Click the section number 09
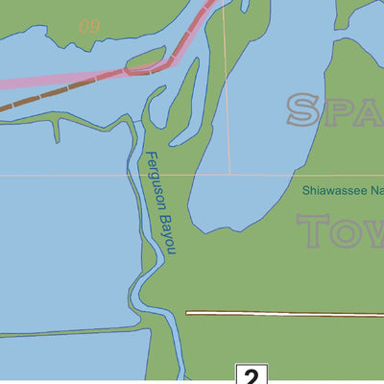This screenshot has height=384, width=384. (88, 26)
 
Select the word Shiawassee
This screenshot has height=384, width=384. (332, 191)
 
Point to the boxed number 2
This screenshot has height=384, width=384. (249, 375)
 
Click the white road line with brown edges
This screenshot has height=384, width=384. (288, 313)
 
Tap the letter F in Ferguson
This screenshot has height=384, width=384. (149, 158)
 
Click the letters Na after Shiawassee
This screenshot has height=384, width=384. (376, 191)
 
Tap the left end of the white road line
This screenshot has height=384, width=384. (188, 313)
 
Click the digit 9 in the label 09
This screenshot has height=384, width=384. (94, 26)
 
